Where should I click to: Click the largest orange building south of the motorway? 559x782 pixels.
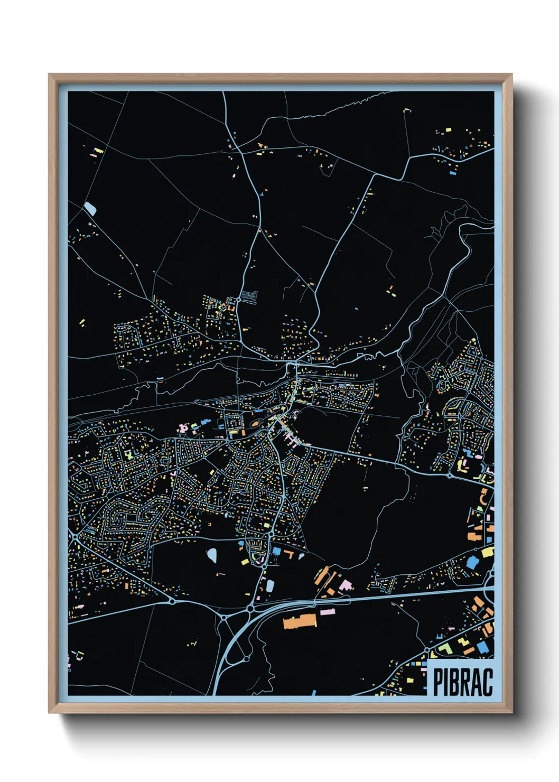click(x=300, y=621)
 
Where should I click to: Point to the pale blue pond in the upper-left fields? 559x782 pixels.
click(x=90, y=209)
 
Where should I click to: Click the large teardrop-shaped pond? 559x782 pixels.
click(x=212, y=555)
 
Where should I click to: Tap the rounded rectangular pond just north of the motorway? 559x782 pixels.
click(x=270, y=585)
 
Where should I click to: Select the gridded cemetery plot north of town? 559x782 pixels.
click(x=248, y=296)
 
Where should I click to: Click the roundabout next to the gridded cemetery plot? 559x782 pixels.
click(x=239, y=300)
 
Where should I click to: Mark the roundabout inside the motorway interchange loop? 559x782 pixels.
click(x=246, y=659)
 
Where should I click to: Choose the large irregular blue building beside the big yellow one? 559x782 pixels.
click(x=472, y=561)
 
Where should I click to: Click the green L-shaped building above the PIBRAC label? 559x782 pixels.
click(x=445, y=648)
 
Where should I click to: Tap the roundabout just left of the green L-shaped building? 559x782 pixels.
click(x=426, y=649)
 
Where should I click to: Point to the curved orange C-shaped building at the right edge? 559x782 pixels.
click(x=483, y=497)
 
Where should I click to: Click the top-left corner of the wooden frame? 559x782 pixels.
click(x=49, y=75)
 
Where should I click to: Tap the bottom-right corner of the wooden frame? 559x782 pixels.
click(x=511, y=713)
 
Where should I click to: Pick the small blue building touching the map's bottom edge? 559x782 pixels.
click(x=313, y=692)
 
